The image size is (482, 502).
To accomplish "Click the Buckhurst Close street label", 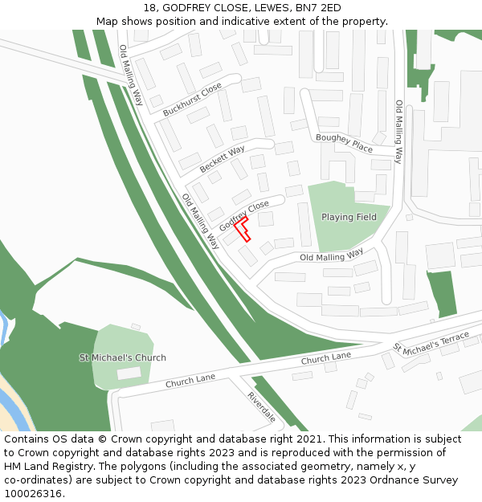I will (x=192, y=100).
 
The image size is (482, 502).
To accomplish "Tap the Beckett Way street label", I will (x=223, y=158).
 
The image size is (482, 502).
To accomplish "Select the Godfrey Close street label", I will (x=244, y=214).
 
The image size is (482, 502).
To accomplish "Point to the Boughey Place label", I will (x=344, y=143).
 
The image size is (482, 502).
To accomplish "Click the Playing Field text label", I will (x=349, y=217).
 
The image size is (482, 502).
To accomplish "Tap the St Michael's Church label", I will (x=122, y=357).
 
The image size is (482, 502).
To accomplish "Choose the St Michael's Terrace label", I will (x=431, y=343).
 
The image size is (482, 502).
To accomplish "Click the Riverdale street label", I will (x=262, y=407).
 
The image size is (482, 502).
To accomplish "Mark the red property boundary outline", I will (x=245, y=229).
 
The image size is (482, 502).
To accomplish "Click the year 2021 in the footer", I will (x=309, y=439).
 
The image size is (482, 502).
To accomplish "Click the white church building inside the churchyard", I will (x=129, y=373).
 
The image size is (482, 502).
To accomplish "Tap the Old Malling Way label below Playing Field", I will (x=331, y=256).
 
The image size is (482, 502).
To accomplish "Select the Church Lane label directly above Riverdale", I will (x=190, y=381).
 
